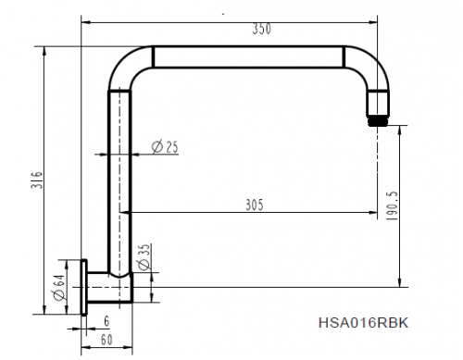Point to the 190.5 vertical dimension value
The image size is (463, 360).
(392, 206)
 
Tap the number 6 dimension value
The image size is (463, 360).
(106, 321)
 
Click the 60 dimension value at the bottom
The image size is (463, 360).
(107, 340)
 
